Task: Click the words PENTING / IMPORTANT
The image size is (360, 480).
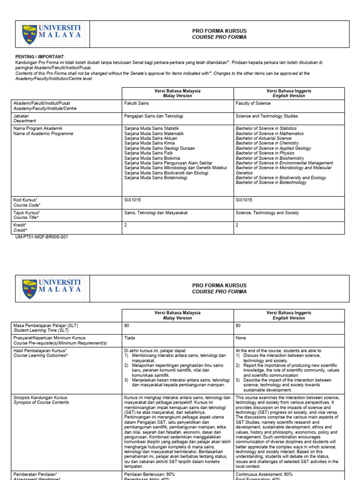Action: tap(40, 56)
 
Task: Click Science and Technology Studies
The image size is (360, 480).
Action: tap(267, 116)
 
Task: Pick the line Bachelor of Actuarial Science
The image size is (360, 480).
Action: tap(263, 138)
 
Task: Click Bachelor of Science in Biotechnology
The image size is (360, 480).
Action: tap(271, 183)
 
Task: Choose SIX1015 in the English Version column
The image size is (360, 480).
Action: tap(244, 200)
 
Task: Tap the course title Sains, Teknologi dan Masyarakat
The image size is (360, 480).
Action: tap(156, 213)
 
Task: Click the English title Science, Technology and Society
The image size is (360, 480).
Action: tap(267, 213)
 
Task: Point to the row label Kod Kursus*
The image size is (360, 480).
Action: tap(25, 200)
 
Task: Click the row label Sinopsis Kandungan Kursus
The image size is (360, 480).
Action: tap(41, 397)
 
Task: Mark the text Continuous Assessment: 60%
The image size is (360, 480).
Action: tap(264, 474)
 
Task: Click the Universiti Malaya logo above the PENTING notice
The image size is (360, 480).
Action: tap(52, 35)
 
